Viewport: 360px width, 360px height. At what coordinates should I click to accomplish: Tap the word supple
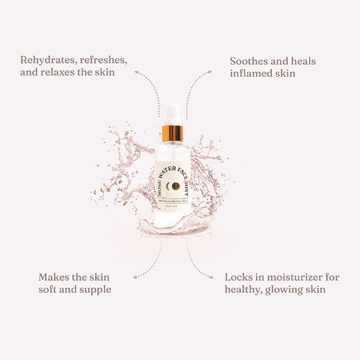(95, 290)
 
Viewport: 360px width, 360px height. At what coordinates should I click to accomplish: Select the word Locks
(239, 277)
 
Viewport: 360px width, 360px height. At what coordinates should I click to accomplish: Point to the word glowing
(286, 290)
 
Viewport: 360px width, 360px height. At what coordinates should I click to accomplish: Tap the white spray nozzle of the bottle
(171, 114)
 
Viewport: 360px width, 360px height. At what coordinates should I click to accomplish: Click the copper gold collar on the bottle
(172, 132)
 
